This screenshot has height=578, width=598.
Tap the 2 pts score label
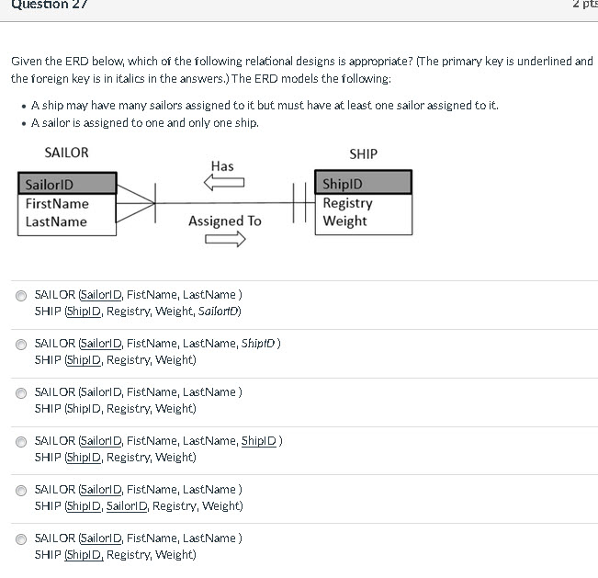click(x=584, y=6)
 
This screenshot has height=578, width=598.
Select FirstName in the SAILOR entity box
click(x=57, y=203)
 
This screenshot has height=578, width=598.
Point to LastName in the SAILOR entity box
click(x=56, y=221)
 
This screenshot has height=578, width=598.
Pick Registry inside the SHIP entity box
click(x=347, y=203)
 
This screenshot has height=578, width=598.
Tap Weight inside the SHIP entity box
click(x=344, y=221)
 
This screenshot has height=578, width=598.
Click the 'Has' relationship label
click(x=222, y=166)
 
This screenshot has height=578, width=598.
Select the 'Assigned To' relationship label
click(x=224, y=221)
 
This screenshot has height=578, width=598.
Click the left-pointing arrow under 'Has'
click(x=223, y=184)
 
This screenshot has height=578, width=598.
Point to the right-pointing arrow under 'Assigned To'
click(x=226, y=240)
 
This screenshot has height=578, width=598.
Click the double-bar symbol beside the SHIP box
click(x=298, y=203)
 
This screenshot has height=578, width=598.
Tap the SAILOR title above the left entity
click(x=66, y=153)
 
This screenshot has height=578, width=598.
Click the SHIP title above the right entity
click(x=363, y=153)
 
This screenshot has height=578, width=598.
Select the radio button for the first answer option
click(x=21, y=296)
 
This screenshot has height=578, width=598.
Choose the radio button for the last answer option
click(x=21, y=538)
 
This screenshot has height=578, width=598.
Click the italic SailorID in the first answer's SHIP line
click(x=219, y=312)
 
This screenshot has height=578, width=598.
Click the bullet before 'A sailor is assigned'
click(x=23, y=123)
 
